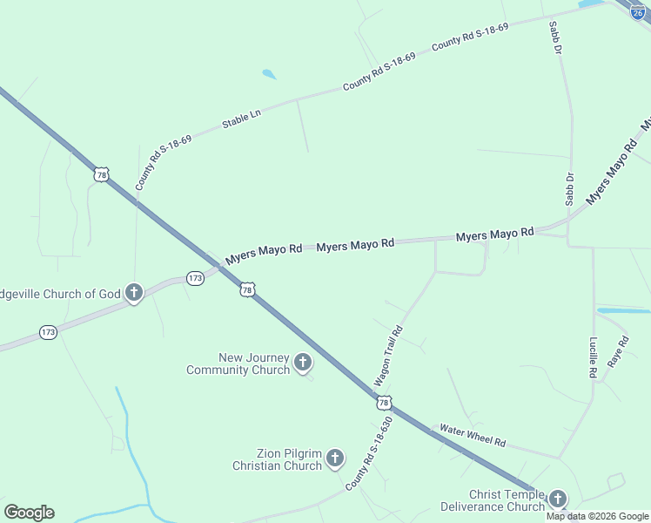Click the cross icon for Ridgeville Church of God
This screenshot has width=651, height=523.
133,293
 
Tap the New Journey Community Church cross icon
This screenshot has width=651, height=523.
303,363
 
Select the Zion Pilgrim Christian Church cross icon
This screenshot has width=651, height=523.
335,458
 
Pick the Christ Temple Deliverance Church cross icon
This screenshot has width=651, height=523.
557,499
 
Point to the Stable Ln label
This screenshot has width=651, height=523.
241,119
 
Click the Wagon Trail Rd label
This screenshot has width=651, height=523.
388,357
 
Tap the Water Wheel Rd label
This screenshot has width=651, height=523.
473,435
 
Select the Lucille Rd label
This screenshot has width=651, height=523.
593,357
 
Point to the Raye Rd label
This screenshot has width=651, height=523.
617,352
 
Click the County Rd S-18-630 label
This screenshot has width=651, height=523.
369,452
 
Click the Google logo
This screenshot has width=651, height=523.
29,513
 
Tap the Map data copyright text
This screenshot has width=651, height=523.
598,516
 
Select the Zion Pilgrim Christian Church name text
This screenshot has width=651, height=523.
277,459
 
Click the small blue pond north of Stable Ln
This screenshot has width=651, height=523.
270,75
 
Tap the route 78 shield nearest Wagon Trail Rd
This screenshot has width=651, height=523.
384,402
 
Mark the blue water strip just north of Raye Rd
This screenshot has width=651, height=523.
623,310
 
